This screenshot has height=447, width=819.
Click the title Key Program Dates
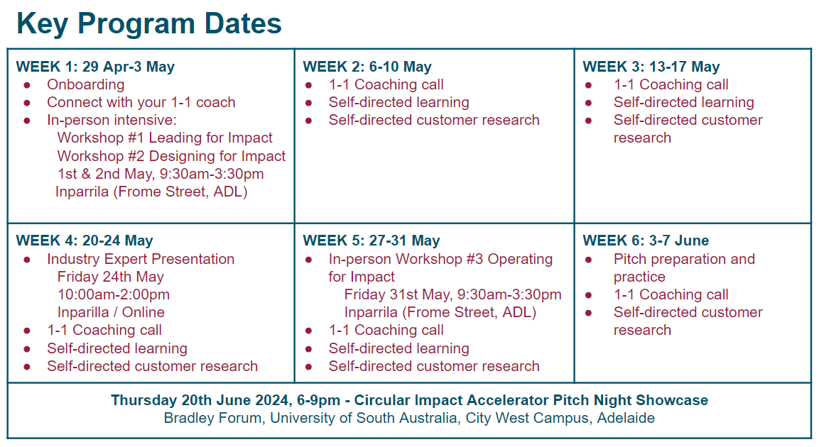(x=149, y=23)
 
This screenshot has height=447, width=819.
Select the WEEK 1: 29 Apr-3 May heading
(x=95, y=67)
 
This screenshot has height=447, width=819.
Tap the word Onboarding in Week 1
(x=85, y=84)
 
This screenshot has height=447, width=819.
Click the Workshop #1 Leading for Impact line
(x=165, y=138)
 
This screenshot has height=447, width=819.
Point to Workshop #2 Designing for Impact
(x=171, y=156)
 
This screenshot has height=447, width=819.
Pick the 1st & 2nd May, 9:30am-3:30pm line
(x=161, y=174)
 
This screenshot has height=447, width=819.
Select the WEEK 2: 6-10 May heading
(x=367, y=67)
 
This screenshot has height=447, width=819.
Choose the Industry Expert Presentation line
(x=141, y=259)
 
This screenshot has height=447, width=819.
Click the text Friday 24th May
(x=110, y=277)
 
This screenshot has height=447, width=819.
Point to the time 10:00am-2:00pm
(x=114, y=294)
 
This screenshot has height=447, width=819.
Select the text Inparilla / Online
(x=111, y=312)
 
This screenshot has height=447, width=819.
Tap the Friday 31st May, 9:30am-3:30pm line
(x=452, y=294)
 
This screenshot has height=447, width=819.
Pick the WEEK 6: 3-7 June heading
(x=646, y=241)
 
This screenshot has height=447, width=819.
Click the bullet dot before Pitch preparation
(x=588, y=260)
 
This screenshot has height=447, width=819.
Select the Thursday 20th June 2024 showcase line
(x=409, y=400)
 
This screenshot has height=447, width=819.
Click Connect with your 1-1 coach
(x=141, y=102)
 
